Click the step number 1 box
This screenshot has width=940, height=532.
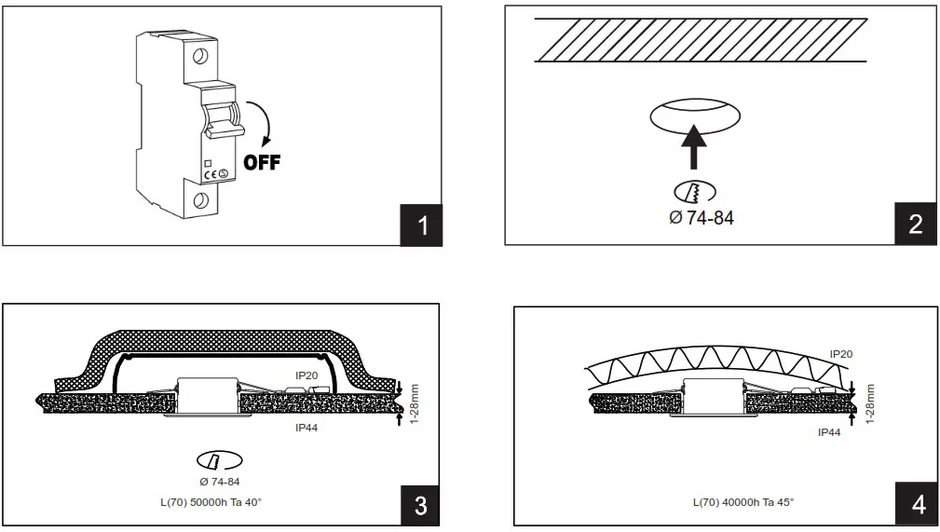[x=422, y=225]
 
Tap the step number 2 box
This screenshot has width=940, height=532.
[x=915, y=225]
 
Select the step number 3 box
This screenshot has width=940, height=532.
[x=420, y=505]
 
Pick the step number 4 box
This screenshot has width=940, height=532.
[x=919, y=505]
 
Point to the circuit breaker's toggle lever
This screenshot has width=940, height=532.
[x=220, y=121]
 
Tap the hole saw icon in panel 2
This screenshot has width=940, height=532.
[x=694, y=192]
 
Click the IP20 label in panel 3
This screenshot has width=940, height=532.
[x=308, y=375]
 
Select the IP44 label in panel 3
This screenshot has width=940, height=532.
[x=308, y=428]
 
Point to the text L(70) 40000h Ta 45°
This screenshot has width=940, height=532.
[x=743, y=502]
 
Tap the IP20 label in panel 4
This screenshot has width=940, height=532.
[x=840, y=354]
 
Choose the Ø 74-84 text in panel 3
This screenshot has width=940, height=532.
[x=220, y=482]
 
